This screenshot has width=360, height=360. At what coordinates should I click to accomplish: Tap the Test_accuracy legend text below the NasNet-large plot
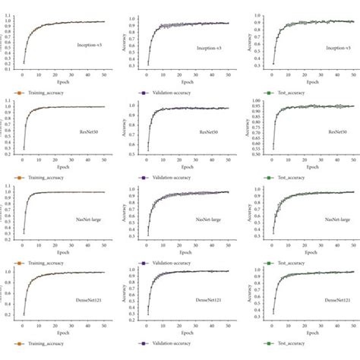click(x=292, y=263)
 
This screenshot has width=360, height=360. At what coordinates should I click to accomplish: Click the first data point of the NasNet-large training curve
click(x=24, y=231)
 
